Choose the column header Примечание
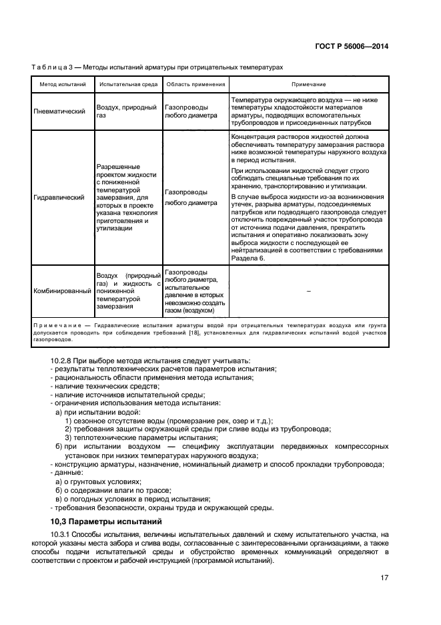point(308,85)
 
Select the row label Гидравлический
point(59,198)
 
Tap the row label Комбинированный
point(63,291)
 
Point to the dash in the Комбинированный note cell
point(308,291)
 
